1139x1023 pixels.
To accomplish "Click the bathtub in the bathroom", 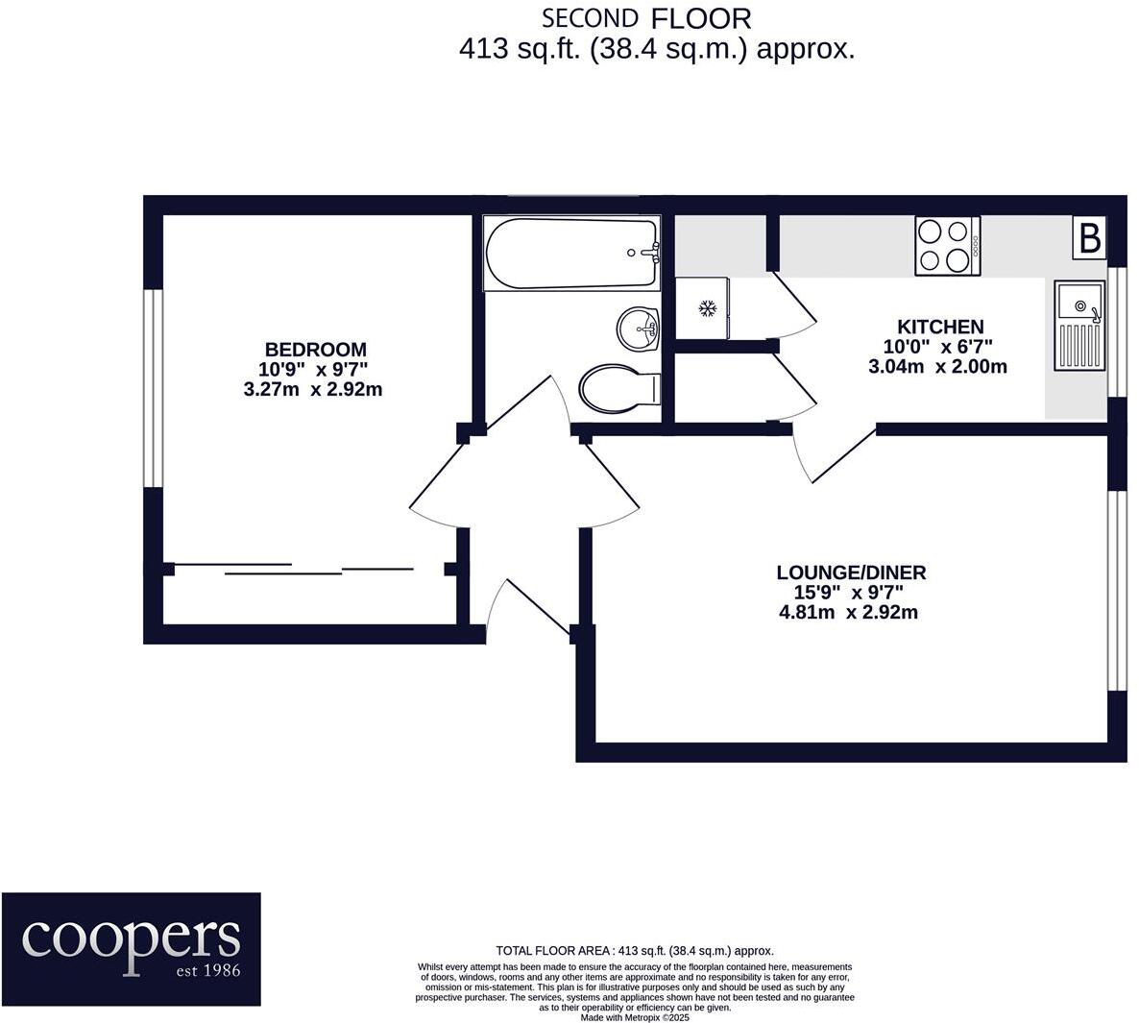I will tap(571, 254).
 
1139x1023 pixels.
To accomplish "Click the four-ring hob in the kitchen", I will tap(948, 246).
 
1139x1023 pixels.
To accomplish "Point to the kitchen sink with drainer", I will tap(1080, 326).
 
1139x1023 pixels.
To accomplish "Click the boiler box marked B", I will tap(1089, 238).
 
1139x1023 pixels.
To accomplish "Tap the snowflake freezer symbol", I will tap(708, 308).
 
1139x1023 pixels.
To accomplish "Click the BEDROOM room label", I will tap(316, 350).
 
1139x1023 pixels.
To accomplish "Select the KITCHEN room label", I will tap(939, 327).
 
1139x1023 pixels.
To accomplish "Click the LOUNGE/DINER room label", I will tap(851, 573).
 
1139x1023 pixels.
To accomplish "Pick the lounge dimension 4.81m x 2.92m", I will tap(849, 613).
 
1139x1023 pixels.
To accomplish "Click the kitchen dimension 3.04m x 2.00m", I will tap(937, 366).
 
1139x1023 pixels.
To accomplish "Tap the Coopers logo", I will tap(131, 949).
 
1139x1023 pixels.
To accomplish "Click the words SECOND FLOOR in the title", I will tap(645, 18).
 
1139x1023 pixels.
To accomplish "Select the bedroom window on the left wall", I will tap(152, 387).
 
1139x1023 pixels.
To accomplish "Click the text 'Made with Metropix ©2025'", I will tap(635, 1017).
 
